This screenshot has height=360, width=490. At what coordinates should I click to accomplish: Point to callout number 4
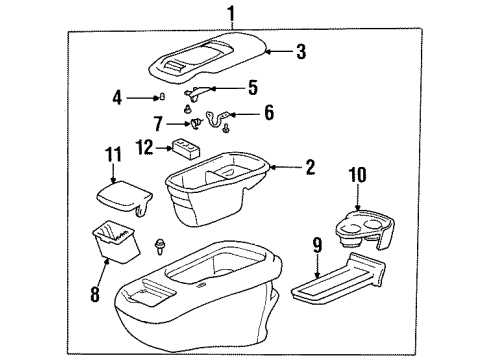coord(118,98)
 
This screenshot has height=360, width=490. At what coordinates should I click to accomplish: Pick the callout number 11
coord(111,155)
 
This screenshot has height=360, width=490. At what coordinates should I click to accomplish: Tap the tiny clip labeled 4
coord(161,98)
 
